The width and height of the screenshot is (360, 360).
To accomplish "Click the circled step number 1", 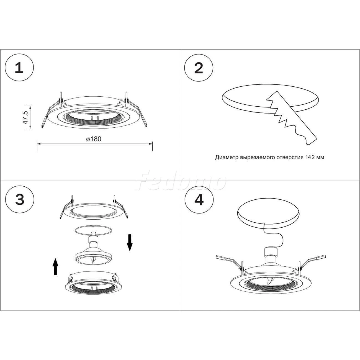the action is click(x=19, y=68).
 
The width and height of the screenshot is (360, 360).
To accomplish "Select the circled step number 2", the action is click(x=199, y=68).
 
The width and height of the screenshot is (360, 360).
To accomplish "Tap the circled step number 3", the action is click(x=20, y=199).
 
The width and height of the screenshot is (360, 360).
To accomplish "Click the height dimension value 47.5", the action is click(x=25, y=117).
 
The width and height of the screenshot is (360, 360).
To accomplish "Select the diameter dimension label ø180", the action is click(x=94, y=139).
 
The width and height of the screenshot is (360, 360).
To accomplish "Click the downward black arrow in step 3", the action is click(x=130, y=243).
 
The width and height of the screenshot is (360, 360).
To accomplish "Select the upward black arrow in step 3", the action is click(x=55, y=267).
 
